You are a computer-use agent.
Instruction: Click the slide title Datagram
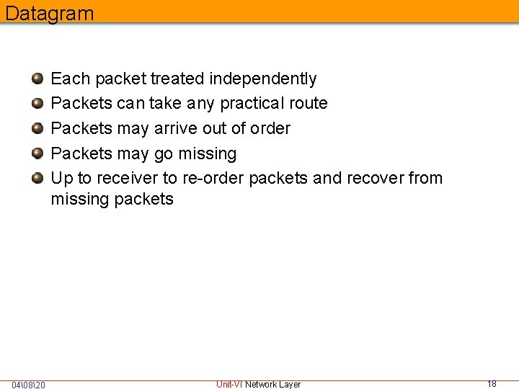49,13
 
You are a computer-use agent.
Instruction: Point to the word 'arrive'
177,128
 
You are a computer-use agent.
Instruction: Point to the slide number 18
492,384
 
